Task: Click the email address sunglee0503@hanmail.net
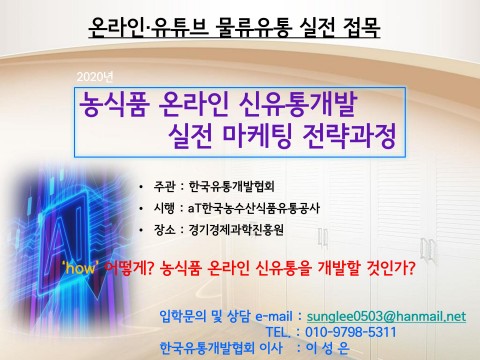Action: click(x=386, y=316)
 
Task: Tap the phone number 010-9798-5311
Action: click(x=351, y=332)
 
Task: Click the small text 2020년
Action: click(x=95, y=77)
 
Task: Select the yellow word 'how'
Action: click(x=81, y=267)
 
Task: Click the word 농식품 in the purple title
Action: click(x=114, y=105)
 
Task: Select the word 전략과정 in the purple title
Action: click(x=349, y=136)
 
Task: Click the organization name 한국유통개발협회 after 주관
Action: click(x=231, y=186)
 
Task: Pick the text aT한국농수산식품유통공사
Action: click(x=254, y=208)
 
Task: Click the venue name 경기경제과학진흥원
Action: click(x=236, y=230)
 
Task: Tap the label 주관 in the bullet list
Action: click(x=164, y=186)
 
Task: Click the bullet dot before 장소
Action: click(x=142, y=230)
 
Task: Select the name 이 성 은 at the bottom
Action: click(x=328, y=348)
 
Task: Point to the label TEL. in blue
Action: click(x=278, y=332)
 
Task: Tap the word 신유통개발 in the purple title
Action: click(x=298, y=105)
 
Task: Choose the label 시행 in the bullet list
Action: click(x=164, y=208)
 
